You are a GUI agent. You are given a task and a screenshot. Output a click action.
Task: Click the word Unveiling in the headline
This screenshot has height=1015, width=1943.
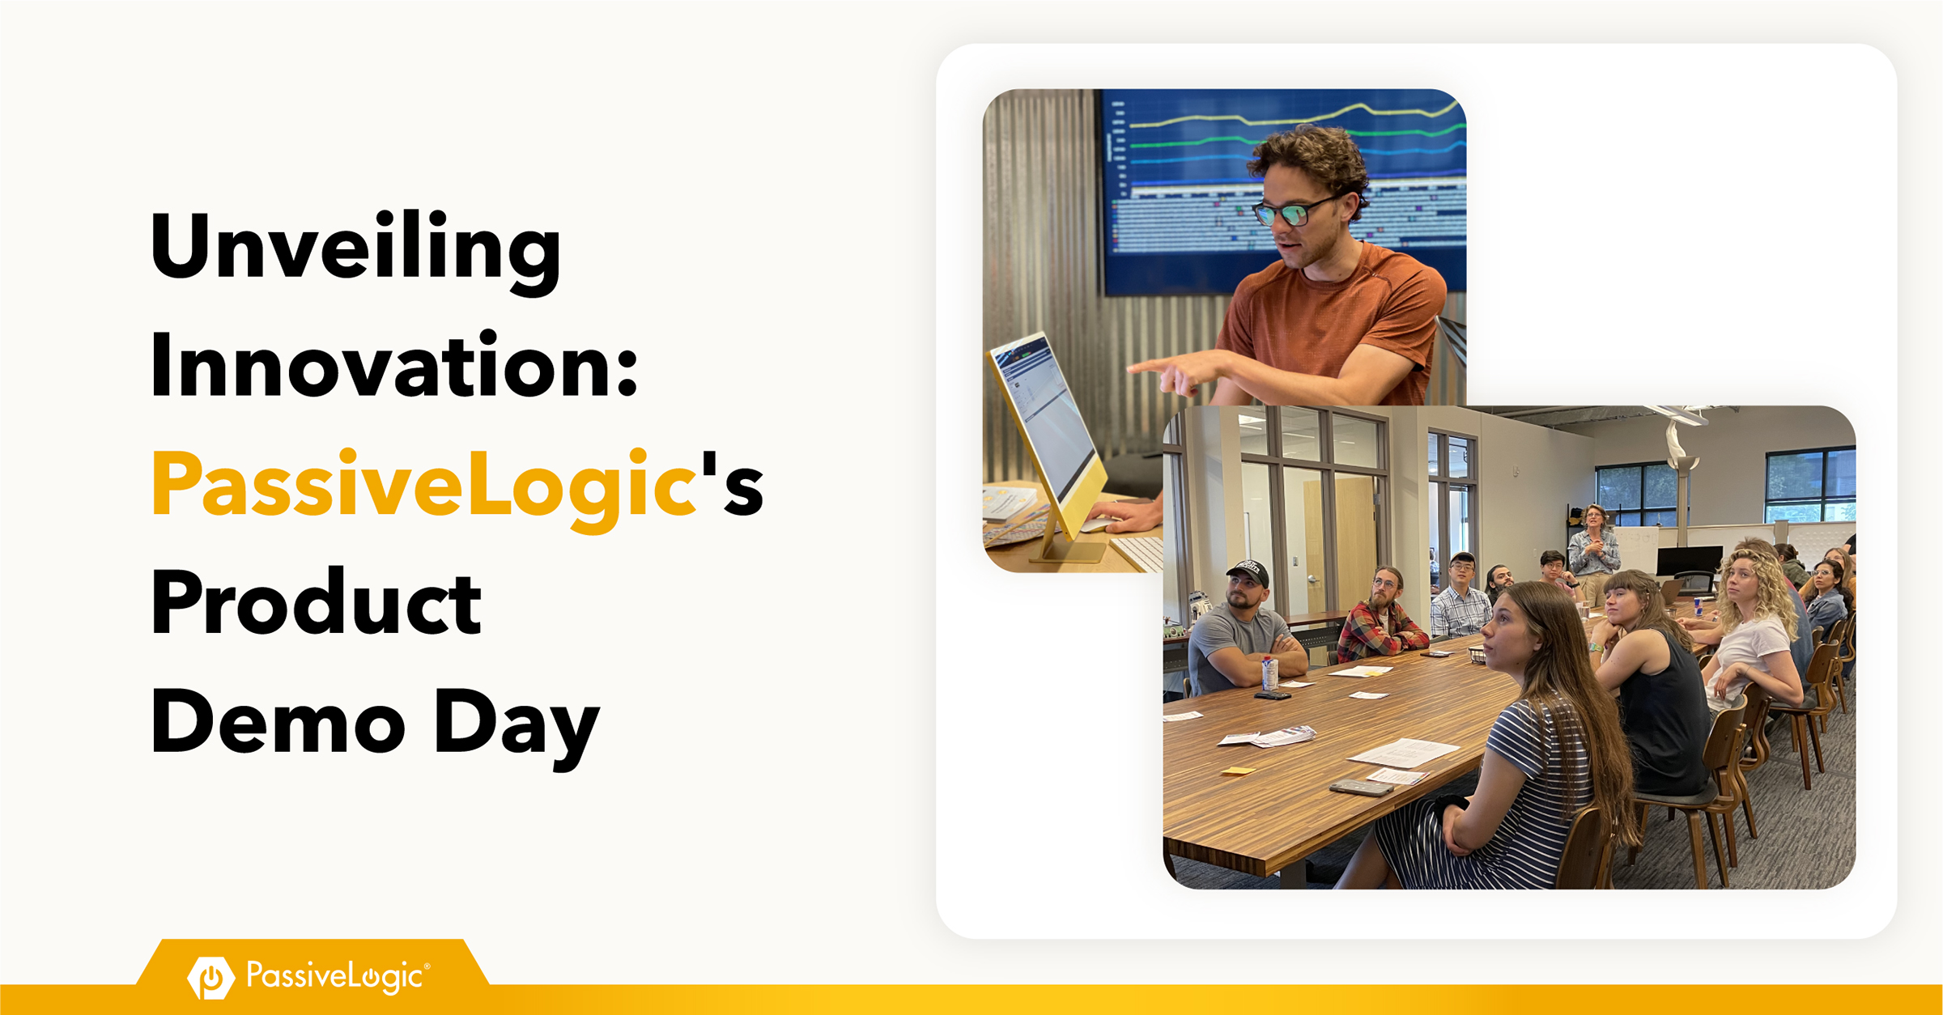pyautogui.click(x=355, y=251)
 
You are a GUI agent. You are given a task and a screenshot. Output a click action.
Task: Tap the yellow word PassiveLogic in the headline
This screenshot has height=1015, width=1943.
pyautogui.click(x=424, y=487)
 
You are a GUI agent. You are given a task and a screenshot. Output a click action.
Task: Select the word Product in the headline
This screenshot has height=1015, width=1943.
pyautogui.click(x=316, y=603)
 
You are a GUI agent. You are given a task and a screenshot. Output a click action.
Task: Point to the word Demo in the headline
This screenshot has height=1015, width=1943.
pyautogui.click(x=278, y=722)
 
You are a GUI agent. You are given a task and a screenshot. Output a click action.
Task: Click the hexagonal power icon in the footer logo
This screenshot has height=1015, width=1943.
pyautogui.click(x=211, y=978)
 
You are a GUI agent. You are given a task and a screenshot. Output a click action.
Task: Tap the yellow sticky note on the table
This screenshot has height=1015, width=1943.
pyautogui.click(x=1238, y=771)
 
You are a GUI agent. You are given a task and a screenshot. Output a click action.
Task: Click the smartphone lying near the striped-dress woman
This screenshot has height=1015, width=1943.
pyautogui.click(x=1361, y=788)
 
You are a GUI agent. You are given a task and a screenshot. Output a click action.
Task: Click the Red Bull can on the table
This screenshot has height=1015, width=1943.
pyautogui.click(x=1698, y=606)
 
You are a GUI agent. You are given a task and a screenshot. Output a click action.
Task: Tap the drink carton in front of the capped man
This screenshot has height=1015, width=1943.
pyautogui.click(x=1269, y=673)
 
